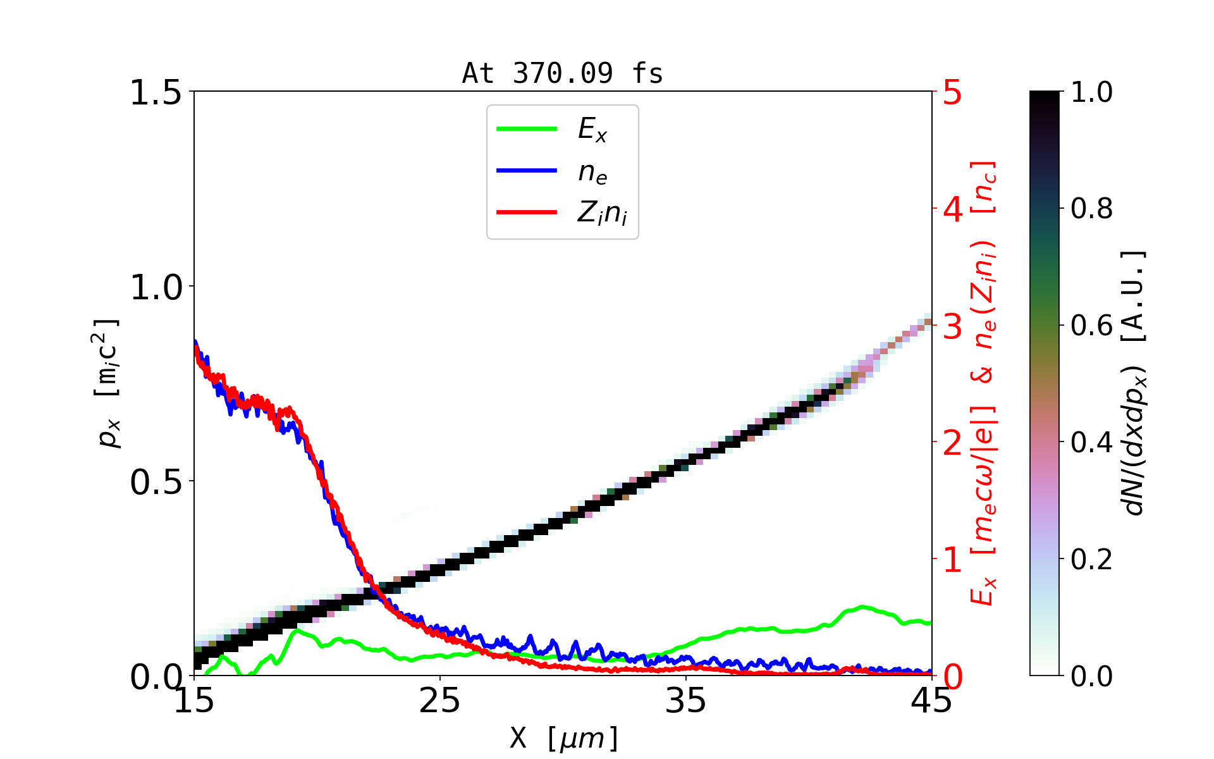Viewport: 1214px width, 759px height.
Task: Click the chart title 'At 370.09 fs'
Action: (x=562, y=73)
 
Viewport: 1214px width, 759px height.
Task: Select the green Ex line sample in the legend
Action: (x=527, y=129)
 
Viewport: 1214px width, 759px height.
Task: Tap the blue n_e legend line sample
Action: (x=527, y=171)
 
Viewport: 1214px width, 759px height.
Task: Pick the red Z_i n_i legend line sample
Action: (x=527, y=213)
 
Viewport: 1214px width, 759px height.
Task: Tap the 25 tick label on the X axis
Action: (x=440, y=701)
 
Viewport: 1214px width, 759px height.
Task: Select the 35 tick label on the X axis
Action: (x=686, y=701)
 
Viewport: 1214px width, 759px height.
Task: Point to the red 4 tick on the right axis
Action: (x=952, y=209)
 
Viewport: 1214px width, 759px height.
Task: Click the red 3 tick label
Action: (x=952, y=326)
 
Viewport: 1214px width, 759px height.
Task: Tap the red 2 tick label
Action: (x=952, y=443)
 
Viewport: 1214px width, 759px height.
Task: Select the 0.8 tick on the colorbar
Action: (x=1091, y=209)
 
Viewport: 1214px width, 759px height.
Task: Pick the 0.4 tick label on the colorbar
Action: (x=1091, y=443)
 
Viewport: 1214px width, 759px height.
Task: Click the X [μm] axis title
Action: (x=564, y=737)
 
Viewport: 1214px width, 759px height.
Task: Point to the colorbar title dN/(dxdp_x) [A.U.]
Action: (x=1134, y=383)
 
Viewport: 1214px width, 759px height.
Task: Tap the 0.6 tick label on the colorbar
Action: (x=1091, y=326)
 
